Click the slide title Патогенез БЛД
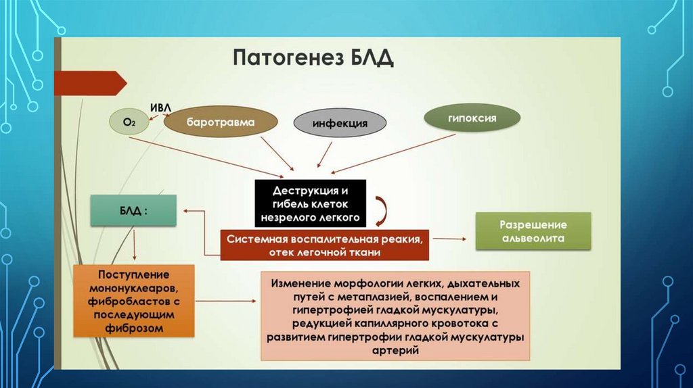pos(313,57)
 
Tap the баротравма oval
pos(221,123)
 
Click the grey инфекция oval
pos(340,124)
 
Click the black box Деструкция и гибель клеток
pos(311,202)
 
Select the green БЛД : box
pos(133,210)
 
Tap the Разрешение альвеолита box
pos(533,231)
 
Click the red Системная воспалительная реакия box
pos(325,245)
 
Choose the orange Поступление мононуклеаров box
pos(134,301)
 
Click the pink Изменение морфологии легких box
pos(396,316)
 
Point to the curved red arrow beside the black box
pos(380,210)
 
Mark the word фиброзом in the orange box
pos(134,328)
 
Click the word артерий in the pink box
pos(396,351)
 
